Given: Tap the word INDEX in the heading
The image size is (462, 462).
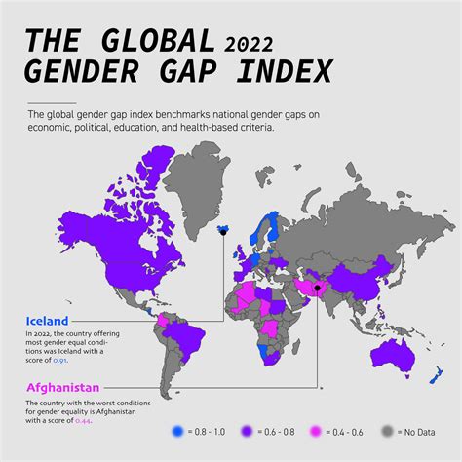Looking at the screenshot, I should (x=284, y=71).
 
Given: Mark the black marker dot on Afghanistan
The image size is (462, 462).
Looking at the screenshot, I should (x=317, y=261).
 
